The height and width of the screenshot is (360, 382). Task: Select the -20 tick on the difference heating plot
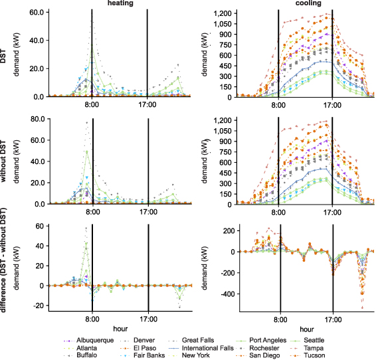point(37,306)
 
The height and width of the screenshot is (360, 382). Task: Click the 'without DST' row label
point(6,162)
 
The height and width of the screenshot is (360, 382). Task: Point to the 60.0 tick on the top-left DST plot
point(34,13)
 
